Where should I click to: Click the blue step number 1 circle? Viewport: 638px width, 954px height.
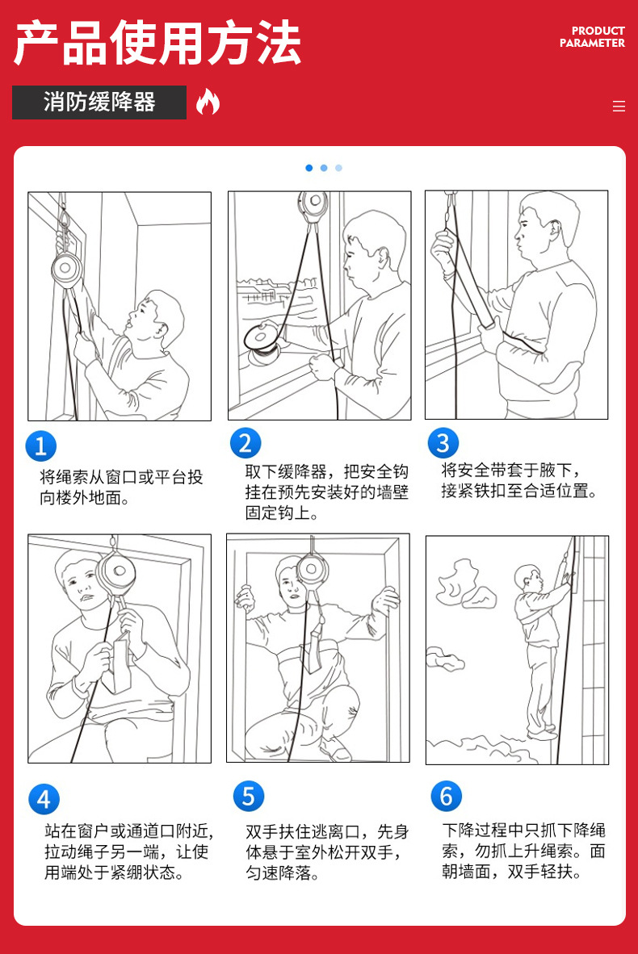tap(41, 446)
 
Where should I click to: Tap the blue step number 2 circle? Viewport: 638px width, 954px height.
tap(246, 443)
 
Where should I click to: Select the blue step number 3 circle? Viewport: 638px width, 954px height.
tap(443, 443)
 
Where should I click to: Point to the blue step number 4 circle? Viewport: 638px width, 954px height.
tap(44, 799)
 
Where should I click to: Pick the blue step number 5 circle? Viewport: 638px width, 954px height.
tap(249, 796)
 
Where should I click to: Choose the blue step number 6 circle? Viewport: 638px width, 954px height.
tap(447, 796)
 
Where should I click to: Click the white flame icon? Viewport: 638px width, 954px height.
tap(208, 102)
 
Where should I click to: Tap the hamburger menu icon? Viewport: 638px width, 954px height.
tap(619, 107)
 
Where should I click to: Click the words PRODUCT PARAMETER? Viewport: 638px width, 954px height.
tap(592, 37)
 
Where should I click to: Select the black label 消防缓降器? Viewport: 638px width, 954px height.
tap(99, 103)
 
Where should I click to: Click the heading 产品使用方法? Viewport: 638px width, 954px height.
tap(157, 43)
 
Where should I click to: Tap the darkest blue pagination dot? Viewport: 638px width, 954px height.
tap(309, 168)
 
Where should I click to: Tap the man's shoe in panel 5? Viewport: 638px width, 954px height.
tap(335, 750)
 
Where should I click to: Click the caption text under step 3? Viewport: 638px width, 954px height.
tap(518, 480)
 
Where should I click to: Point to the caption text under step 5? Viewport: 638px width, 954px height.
tap(327, 852)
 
